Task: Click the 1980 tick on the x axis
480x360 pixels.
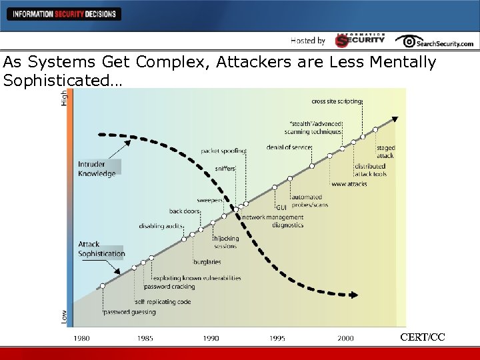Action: click(x=81, y=339)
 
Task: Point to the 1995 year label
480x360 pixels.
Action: click(x=277, y=339)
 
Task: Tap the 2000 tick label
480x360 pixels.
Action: click(x=345, y=339)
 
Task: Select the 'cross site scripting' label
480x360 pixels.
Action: click(x=337, y=102)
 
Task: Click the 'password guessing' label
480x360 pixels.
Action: click(x=129, y=312)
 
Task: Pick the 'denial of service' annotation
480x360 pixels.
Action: click(x=288, y=147)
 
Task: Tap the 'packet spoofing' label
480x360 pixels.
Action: click(x=223, y=151)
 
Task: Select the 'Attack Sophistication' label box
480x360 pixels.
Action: click(x=101, y=249)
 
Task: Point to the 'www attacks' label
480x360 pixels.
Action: click(x=349, y=184)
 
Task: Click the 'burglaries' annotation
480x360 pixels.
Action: click(x=207, y=262)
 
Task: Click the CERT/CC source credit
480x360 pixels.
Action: click(x=422, y=337)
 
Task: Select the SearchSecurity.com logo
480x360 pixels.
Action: click(x=434, y=41)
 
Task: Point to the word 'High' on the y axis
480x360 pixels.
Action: click(x=65, y=97)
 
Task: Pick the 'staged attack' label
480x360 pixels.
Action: click(x=385, y=152)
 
